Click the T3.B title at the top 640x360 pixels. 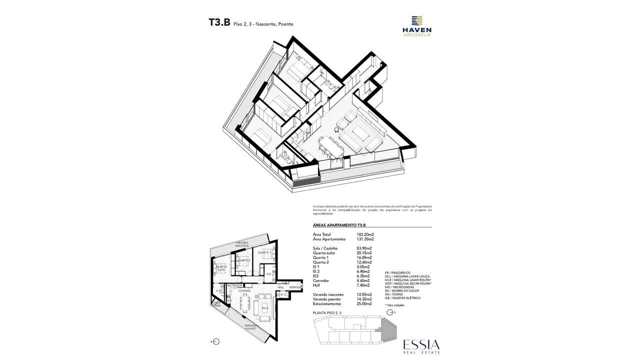pyautogui.click(x=219, y=23)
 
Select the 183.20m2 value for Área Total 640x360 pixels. pyautogui.click(x=365, y=234)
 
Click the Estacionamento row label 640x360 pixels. pyautogui.click(x=327, y=303)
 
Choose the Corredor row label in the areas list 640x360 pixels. pyautogui.click(x=321, y=280)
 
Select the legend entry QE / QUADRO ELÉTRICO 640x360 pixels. pyautogui.click(x=402, y=298)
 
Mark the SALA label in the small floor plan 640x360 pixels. pyautogui.click(x=264, y=308)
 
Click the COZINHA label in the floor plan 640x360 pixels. pyautogui.click(x=244, y=290)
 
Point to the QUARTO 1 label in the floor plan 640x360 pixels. pyautogui.click(x=264, y=252)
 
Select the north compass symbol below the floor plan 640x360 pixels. pyautogui.click(x=216, y=342)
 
